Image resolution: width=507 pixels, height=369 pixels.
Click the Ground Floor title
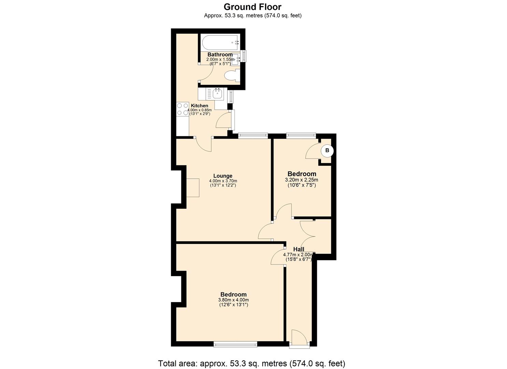[252, 7]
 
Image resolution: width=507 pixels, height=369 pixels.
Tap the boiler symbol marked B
[327, 150]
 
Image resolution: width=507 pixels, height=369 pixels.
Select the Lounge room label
[223, 176]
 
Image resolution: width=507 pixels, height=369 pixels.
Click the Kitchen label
[199, 106]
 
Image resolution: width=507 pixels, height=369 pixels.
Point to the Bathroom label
[220, 55]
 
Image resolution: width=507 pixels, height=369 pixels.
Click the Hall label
[298, 249]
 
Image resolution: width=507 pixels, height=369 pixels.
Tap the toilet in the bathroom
[231, 75]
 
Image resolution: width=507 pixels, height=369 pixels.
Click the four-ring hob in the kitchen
[183, 109]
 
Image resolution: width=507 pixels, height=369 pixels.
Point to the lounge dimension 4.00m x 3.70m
[223, 181]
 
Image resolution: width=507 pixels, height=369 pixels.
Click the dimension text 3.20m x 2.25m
[301, 180]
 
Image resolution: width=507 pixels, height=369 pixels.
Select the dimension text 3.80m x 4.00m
[233, 300]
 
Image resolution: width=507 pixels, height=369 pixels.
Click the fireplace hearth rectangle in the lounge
[193, 188]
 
